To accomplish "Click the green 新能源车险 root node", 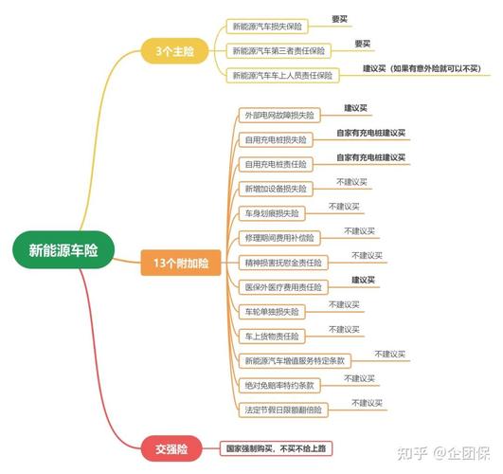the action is tap(63, 250).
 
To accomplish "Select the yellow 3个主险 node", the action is tap(175, 51).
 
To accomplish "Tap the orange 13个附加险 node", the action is tap(181, 263).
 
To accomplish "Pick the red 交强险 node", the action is tap(171, 448).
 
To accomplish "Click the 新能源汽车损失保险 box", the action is tap(267, 27).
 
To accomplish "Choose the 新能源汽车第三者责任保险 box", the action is tap(278, 51).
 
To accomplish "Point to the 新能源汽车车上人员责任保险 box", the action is tap(282, 76).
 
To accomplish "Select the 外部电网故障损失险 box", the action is tap(279, 115).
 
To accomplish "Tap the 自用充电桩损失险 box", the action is tap(276, 139).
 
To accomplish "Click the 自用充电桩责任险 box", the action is tap(276, 164).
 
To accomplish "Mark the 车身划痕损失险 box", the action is tap(272, 213).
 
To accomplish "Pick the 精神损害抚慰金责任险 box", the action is tap(283, 263).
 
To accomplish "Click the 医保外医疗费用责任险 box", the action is tap(283, 287).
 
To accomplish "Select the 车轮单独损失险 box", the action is tap(272, 312).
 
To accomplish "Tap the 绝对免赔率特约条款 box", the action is tap(279, 385).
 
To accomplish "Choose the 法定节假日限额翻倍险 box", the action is tap(283, 410).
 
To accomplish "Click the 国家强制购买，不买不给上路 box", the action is tap(276, 448).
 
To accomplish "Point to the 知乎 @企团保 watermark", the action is tap(443, 453).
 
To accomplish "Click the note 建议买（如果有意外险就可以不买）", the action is tap(422, 68).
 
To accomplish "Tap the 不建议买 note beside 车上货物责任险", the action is tap(344, 330).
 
